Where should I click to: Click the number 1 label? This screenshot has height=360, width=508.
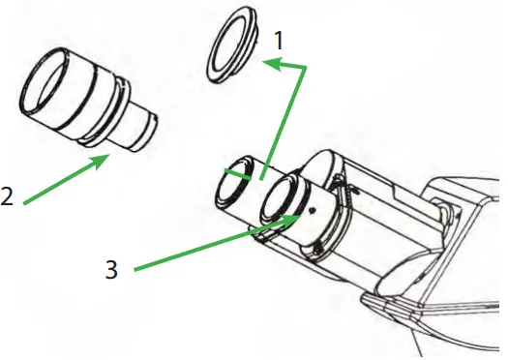point(280,42)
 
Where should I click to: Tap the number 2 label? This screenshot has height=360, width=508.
point(8,196)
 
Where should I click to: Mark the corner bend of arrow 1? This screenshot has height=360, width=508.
point(306,68)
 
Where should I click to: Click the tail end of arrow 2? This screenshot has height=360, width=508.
point(23,204)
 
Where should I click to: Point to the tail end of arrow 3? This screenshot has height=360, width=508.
point(134,268)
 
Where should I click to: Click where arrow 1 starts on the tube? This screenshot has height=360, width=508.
point(262,180)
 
